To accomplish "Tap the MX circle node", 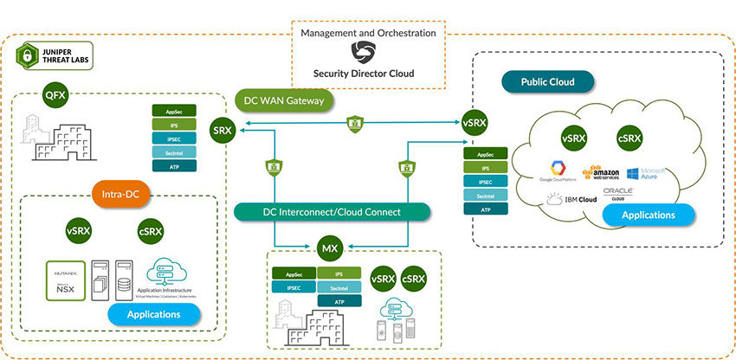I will pyautogui.click(x=329, y=249).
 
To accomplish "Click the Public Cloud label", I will pyautogui.click(x=550, y=83).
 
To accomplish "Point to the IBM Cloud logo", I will pyautogui.click(x=572, y=200).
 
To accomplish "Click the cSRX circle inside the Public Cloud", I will pyautogui.click(x=629, y=138).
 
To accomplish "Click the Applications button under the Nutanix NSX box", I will pyautogui.click(x=153, y=313).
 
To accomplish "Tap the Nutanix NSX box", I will pyautogui.click(x=66, y=279).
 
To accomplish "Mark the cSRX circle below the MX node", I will pyautogui.click(x=413, y=279).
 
